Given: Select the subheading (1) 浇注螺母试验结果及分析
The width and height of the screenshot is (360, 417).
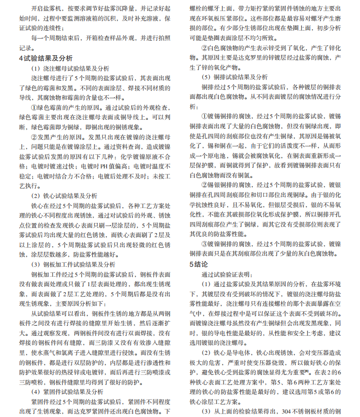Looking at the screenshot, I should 71,68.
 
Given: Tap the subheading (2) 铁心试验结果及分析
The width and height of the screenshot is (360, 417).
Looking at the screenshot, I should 64,195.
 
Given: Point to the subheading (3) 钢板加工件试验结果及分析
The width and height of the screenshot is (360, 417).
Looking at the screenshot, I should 71,264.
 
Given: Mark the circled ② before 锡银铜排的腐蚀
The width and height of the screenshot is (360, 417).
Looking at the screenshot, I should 204,185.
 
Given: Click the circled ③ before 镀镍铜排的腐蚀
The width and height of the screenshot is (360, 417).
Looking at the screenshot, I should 204,244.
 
